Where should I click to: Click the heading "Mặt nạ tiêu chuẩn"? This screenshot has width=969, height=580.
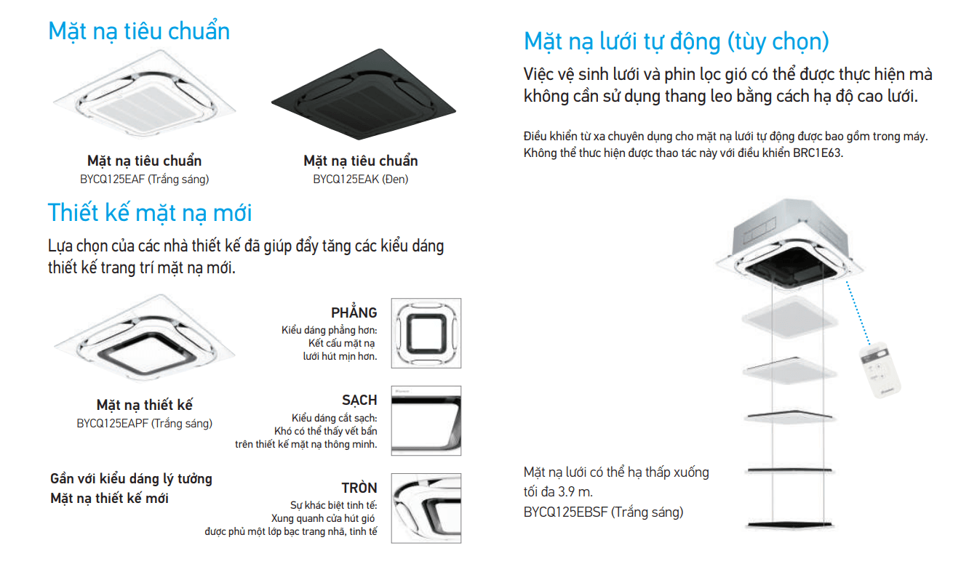click(x=139, y=31)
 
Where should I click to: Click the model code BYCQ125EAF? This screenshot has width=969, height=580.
click(x=113, y=179)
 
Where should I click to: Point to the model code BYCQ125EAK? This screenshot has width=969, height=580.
click(x=338, y=179)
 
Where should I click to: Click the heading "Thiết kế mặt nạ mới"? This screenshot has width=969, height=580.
click(x=150, y=213)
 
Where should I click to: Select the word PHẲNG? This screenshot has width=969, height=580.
click(x=354, y=313)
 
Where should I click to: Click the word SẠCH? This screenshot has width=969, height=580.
click(x=359, y=400)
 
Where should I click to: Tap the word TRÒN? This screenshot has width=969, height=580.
click(x=359, y=488)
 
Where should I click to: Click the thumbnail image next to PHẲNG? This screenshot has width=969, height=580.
click(x=426, y=333)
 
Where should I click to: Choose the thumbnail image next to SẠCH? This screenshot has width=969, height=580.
click(x=426, y=421)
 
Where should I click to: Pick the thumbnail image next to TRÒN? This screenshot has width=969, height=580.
click(x=426, y=508)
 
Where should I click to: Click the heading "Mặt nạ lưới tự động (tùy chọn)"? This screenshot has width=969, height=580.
click(x=677, y=41)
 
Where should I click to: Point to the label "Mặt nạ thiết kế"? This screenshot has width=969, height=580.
click(x=145, y=406)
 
